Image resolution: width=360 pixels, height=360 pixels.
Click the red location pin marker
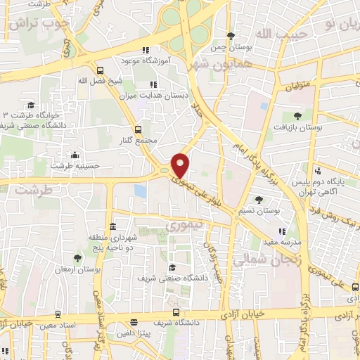tap(181, 165)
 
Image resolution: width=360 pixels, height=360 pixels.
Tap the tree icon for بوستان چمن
tap(231, 36)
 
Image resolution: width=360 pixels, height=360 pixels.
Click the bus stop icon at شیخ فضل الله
tap(101, 70)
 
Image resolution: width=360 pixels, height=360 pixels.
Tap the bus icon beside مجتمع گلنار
tap(138, 129)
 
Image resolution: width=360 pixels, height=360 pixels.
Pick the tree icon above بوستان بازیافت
tap(297, 116)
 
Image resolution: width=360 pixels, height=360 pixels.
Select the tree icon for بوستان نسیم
tap(259, 200)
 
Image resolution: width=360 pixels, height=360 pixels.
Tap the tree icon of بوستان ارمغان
tap(76, 258)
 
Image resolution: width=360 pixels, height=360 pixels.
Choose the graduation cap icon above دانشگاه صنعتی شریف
tap(172, 267)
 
